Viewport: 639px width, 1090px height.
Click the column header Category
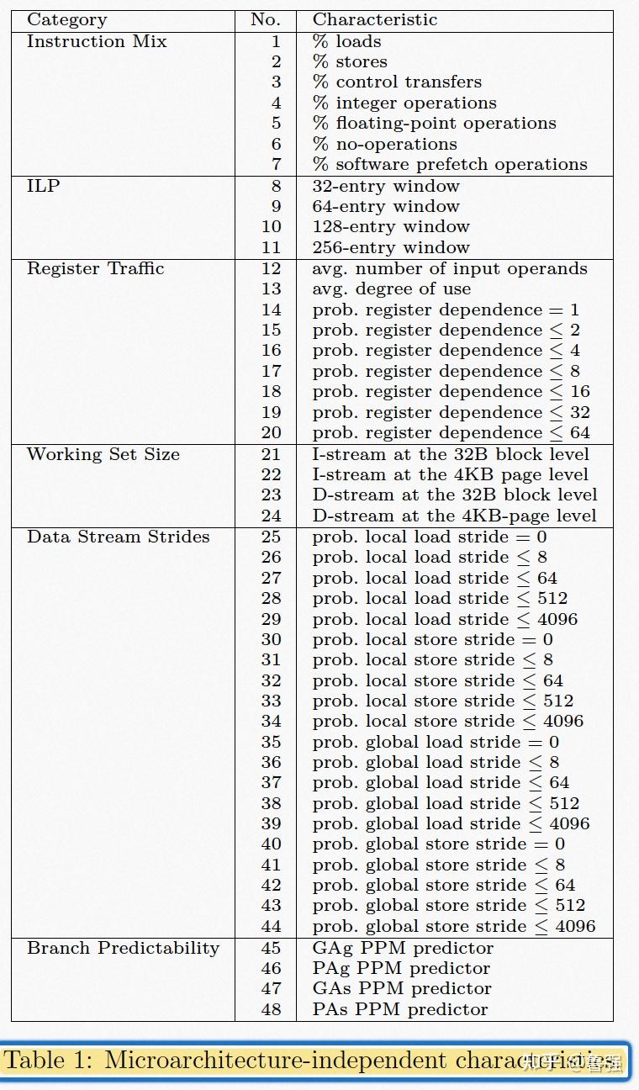pyautogui.click(x=66, y=19)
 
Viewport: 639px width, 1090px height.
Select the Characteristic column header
pyautogui.click(x=375, y=19)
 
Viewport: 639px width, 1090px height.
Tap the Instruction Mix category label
pyautogui.click(x=97, y=41)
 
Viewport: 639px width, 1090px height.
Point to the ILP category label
pyautogui.click(x=44, y=186)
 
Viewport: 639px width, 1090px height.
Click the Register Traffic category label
pyautogui.click(x=95, y=268)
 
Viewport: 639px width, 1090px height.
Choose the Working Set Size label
pyautogui.click(x=103, y=454)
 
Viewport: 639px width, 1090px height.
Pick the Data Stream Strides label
pyautogui.click(x=118, y=537)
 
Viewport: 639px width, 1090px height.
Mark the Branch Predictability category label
pyautogui.click(x=123, y=948)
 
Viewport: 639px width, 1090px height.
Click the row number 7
pyautogui.click(x=276, y=165)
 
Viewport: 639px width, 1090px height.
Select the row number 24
pyautogui.click(x=271, y=516)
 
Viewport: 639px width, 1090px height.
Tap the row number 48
pyautogui.click(x=271, y=1009)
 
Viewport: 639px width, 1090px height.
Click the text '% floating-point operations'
pyautogui.click(x=434, y=124)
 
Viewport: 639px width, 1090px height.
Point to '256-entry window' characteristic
pyautogui.click(x=391, y=247)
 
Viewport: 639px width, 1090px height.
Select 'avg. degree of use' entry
pyautogui.click(x=391, y=288)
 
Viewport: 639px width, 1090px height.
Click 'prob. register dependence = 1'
pyautogui.click(x=446, y=310)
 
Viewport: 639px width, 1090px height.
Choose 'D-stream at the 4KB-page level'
pyautogui.click(x=454, y=516)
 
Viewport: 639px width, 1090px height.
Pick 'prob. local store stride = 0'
pyautogui.click(x=432, y=639)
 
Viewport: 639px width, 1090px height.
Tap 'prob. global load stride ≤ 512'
pyautogui.click(x=446, y=803)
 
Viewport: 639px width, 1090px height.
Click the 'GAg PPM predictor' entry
pyautogui.click(x=403, y=948)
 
